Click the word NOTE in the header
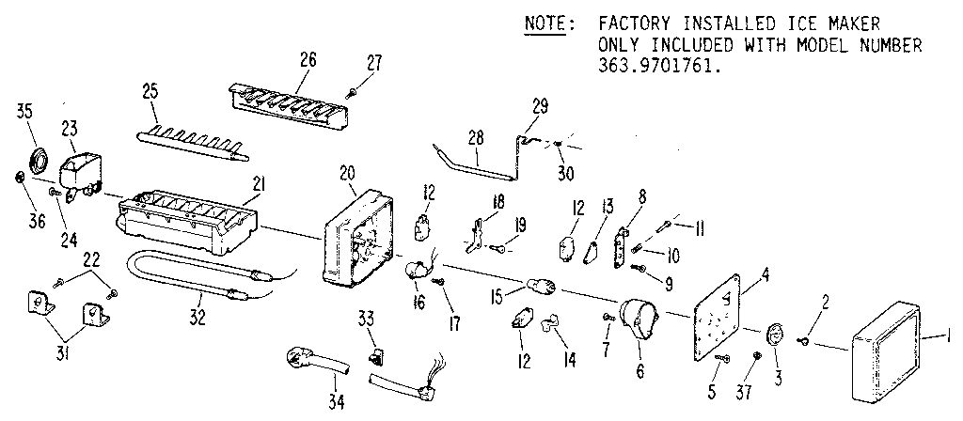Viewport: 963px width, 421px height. click(x=545, y=25)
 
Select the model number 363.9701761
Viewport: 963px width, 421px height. click(x=658, y=65)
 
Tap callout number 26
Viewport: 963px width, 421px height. click(x=308, y=60)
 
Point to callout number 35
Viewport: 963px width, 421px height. click(x=24, y=112)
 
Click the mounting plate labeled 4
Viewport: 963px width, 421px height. click(x=718, y=307)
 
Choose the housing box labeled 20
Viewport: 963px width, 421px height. click(x=358, y=239)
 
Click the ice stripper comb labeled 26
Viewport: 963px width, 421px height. click(x=288, y=107)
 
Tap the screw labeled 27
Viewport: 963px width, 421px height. click(x=352, y=93)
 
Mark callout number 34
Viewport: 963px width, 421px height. click(x=336, y=402)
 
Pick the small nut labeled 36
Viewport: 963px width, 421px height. click(x=20, y=178)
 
